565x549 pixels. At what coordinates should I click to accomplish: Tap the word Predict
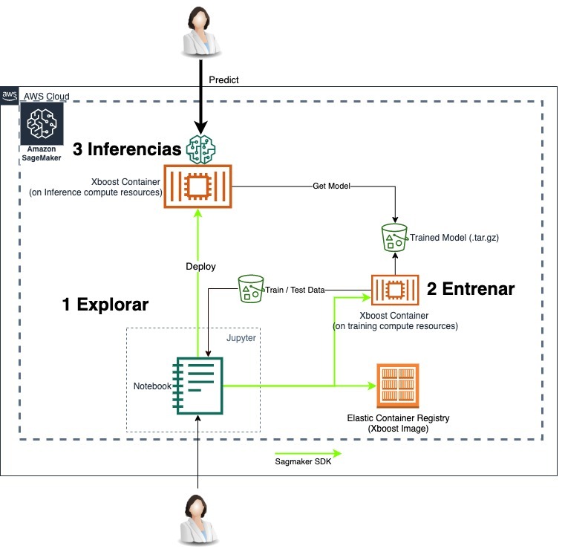click(x=223, y=79)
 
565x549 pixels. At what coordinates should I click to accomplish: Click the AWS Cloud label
click(x=46, y=97)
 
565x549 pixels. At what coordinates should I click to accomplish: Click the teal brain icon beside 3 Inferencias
click(x=201, y=149)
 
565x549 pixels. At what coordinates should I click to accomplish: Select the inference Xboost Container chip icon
click(x=197, y=186)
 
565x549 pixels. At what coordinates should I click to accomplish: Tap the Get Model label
click(x=331, y=186)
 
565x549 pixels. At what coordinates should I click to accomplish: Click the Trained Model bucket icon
click(x=393, y=237)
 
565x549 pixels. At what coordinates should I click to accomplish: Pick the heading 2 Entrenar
click(x=470, y=289)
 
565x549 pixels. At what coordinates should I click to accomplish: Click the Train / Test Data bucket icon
click(x=252, y=288)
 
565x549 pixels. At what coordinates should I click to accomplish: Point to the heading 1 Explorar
click(x=105, y=305)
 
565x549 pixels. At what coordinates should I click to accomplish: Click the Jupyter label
click(x=241, y=337)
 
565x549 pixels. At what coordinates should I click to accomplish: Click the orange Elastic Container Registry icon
click(x=398, y=385)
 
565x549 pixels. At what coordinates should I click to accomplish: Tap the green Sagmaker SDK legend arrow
click(x=307, y=452)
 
